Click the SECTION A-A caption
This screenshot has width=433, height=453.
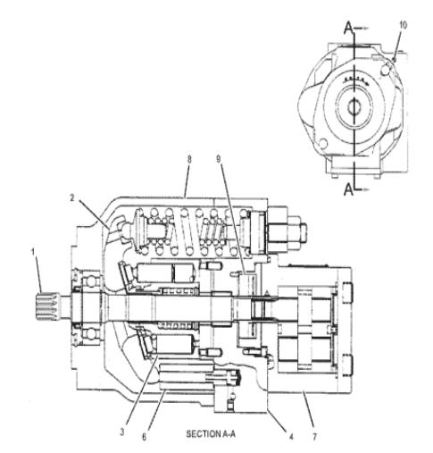(x=210, y=434)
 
